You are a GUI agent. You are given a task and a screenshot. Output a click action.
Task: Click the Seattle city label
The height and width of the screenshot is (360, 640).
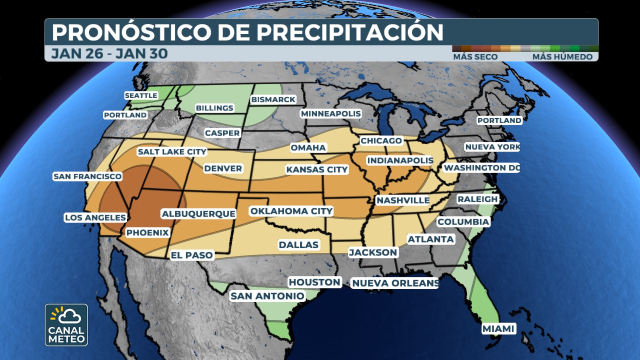pyautogui.click(x=140, y=95)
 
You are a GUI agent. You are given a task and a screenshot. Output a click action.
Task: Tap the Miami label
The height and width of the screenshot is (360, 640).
pyautogui.click(x=498, y=328)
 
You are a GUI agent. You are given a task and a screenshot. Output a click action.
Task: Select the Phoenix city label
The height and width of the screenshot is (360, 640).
pyautogui.click(x=147, y=232)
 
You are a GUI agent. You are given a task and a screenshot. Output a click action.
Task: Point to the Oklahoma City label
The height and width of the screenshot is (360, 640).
pyautogui.click(x=291, y=211)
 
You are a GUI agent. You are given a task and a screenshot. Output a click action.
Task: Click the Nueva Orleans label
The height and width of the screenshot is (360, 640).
pyautogui.click(x=395, y=283)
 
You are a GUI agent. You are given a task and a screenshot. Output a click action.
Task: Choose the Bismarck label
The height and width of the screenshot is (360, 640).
pyautogui.click(x=273, y=99)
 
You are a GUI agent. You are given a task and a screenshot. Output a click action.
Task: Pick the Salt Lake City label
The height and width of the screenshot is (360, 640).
pyautogui.click(x=172, y=151)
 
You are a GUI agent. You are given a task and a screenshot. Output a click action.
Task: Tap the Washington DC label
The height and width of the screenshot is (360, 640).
pyautogui.click(x=481, y=168)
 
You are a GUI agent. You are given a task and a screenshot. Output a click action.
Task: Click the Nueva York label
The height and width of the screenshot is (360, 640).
pyautogui.click(x=492, y=147)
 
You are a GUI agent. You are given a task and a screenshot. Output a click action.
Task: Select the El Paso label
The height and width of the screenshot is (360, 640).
pyautogui.click(x=192, y=255)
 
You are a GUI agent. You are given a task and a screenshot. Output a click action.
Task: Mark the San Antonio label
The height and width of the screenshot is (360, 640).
pyautogui.click(x=267, y=296)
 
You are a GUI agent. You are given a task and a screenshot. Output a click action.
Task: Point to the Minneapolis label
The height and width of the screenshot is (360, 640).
pyautogui.click(x=330, y=113)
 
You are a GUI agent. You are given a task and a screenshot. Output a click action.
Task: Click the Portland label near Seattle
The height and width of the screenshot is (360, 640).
pyautogui.click(x=125, y=115)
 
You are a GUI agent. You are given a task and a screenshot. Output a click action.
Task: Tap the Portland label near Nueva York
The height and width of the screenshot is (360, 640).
pyautogui.click(x=499, y=120)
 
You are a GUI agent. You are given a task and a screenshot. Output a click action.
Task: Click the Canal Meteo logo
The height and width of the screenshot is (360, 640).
pyautogui.click(x=66, y=325)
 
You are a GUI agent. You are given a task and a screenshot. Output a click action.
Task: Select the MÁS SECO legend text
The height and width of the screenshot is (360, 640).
pyautogui.click(x=475, y=57)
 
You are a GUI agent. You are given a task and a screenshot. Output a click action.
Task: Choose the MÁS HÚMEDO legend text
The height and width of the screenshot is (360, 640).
pyautogui.click(x=562, y=57)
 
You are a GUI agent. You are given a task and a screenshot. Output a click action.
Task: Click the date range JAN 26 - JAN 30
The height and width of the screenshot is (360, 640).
pyautogui.click(x=109, y=53)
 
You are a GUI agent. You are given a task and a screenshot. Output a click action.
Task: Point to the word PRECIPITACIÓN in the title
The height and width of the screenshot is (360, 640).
pyautogui.click(x=349, y=32)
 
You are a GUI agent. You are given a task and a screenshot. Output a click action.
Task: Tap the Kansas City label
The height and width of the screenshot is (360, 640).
pyautogui.click(x=316, y=169)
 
